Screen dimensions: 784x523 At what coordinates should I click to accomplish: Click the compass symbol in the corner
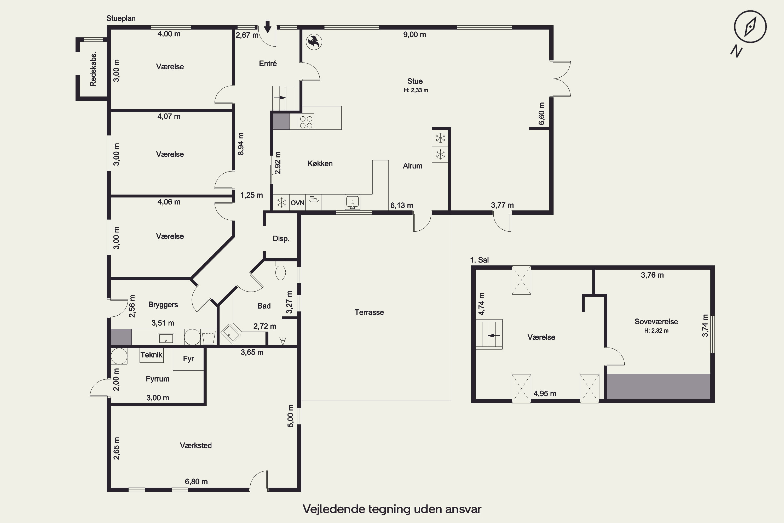(x=750, y=27)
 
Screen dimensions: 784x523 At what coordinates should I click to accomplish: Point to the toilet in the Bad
(x=281, y=271)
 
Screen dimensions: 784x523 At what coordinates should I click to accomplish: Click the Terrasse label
(x=369, y=312)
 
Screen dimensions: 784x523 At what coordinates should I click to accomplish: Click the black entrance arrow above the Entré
(x=267, y=27)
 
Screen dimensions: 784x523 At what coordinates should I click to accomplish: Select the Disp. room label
(x=281, y=239)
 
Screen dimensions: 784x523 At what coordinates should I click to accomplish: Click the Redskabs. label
(x=93, y=69)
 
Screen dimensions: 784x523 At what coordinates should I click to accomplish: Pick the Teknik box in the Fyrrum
(x=151, y=355)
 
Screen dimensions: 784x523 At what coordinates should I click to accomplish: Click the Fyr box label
(x=188, y=359)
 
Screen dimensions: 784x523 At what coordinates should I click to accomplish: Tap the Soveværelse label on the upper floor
(x=656, y=322)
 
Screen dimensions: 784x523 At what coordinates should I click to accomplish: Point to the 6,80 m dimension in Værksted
(x=196, y=482)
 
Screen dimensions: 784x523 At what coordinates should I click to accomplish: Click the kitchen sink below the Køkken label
(x=352, y=202)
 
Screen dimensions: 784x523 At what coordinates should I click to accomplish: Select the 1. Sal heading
(x=479, y=260)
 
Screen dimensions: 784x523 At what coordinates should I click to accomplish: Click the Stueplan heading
(x=121, y=18)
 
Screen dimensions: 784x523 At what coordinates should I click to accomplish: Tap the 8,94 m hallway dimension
(x=241, y=144)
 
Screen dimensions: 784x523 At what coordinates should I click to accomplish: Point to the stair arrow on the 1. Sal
(x=494, y=336)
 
